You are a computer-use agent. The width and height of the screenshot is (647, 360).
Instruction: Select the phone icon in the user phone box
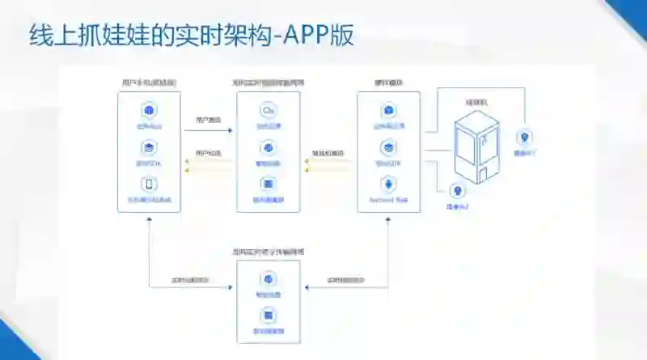149,184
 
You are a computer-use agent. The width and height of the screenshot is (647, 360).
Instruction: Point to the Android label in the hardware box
388,199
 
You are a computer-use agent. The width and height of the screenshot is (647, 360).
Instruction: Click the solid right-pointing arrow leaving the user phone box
228,129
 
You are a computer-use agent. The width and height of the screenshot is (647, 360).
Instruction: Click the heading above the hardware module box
388,83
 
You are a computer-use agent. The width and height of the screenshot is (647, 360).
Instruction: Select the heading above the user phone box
149,83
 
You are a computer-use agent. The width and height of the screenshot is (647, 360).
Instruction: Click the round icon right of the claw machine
524,137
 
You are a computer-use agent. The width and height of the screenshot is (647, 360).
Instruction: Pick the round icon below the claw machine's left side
459,192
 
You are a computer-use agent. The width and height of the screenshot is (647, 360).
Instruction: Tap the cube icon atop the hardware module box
388,111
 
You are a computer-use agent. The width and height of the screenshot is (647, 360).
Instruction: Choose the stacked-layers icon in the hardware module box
388,148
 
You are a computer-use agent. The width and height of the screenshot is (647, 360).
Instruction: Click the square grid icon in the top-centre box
268,184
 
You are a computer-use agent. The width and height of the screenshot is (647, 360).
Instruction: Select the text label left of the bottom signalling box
191,280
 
